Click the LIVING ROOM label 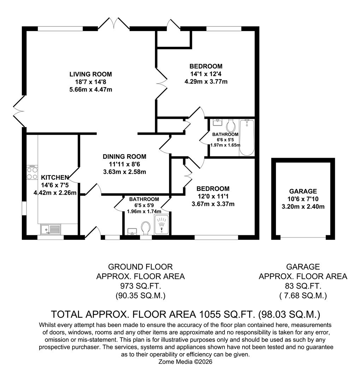pos(91,74)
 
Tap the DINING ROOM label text pos(125,157)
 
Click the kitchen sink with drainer pos(50,229)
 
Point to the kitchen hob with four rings pos(32,173)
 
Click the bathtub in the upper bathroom pos(247,138)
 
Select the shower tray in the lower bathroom pos(161,224)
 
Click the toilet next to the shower pos(146,228)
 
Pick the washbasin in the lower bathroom pos(133,231)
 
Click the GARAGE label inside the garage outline pos(303,191)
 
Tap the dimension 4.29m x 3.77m pos(206,81)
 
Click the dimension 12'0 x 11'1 pos(213,196)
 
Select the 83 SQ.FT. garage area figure pos(303,286)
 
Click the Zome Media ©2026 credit pos(185,362)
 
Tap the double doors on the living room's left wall pos(19,111)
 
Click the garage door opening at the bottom pos(303,237)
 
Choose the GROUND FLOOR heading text pos(140,267)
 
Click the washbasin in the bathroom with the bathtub pos(217,122)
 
